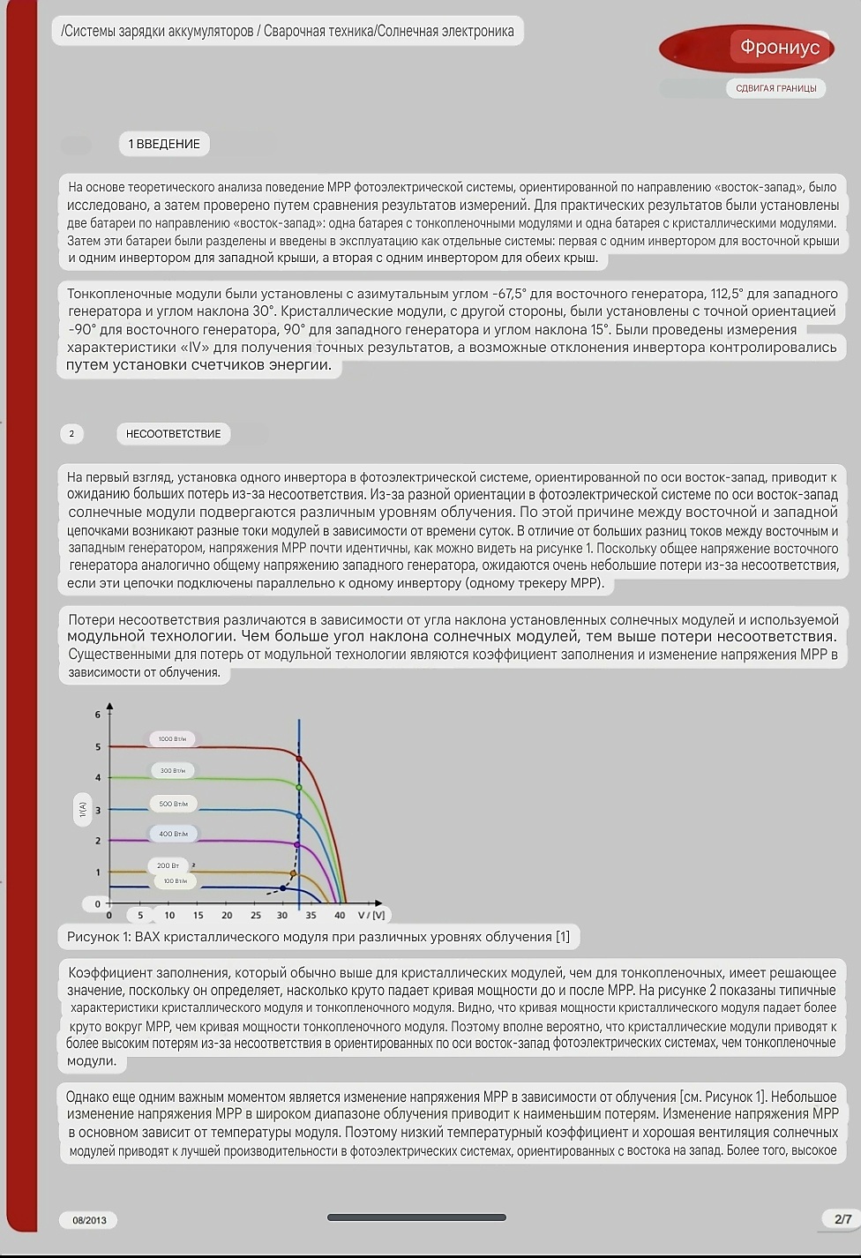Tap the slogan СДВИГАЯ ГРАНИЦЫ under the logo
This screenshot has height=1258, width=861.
point(775,88)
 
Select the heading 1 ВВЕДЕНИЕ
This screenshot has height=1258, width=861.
point(164,144)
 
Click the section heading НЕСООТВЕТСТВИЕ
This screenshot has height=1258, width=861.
point(173,434)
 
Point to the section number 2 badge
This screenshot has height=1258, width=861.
point(71,434)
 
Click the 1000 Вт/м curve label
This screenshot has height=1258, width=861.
point(172,739)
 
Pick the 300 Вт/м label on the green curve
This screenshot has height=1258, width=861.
point(172,771)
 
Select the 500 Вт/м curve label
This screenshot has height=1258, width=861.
point(173,804)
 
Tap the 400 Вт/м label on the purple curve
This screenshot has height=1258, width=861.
point(173,834)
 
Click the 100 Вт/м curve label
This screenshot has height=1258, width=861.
point(175,881)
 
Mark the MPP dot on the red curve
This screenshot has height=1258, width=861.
point(299,759)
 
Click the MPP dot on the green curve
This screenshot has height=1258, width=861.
point(299,787)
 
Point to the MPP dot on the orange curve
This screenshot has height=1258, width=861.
point(294,873)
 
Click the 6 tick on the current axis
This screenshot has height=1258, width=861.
point(98,715)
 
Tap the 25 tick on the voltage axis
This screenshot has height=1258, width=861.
point(256,916)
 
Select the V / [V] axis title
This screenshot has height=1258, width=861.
point(371,916)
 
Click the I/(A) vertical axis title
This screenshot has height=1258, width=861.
point(83,807)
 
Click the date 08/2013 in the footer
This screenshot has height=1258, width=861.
point(89,1221)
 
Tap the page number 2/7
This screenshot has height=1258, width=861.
point(842,1219)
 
